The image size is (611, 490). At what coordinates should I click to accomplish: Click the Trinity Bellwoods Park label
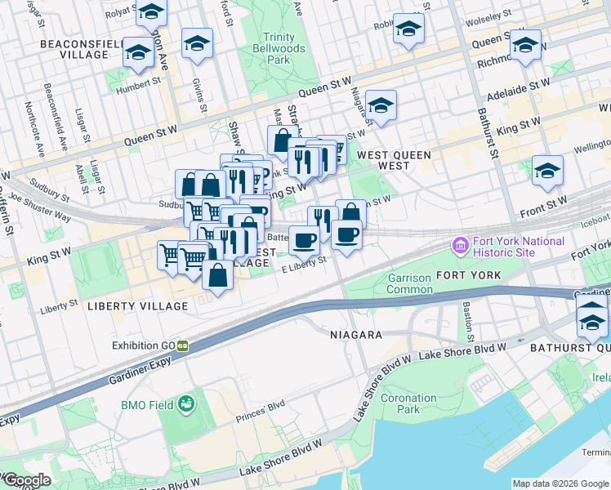279,48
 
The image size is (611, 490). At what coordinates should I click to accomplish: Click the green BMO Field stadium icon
187,403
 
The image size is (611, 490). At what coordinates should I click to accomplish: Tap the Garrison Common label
408,283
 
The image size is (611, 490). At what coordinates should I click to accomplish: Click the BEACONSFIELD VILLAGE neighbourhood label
74,47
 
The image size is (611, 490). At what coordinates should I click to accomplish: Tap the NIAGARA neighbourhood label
355,335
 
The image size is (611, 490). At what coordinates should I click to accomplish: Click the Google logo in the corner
26,481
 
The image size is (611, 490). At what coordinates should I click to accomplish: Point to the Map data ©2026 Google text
560,483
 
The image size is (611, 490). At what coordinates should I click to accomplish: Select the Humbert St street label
138,84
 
